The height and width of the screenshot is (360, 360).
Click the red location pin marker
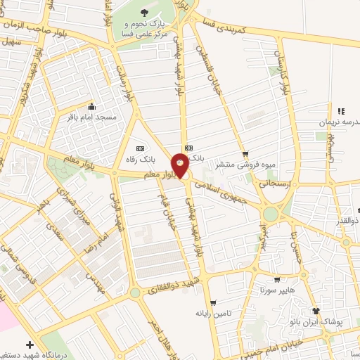pyautogui.click(x=181, y=166)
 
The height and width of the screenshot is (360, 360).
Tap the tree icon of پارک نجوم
pyautogui.click(x=145, y=13)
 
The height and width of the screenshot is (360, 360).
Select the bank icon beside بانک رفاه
pyautogui.click(x=140, y=148)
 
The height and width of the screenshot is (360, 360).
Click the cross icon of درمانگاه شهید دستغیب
pyautogui.click(x=29, y=345)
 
